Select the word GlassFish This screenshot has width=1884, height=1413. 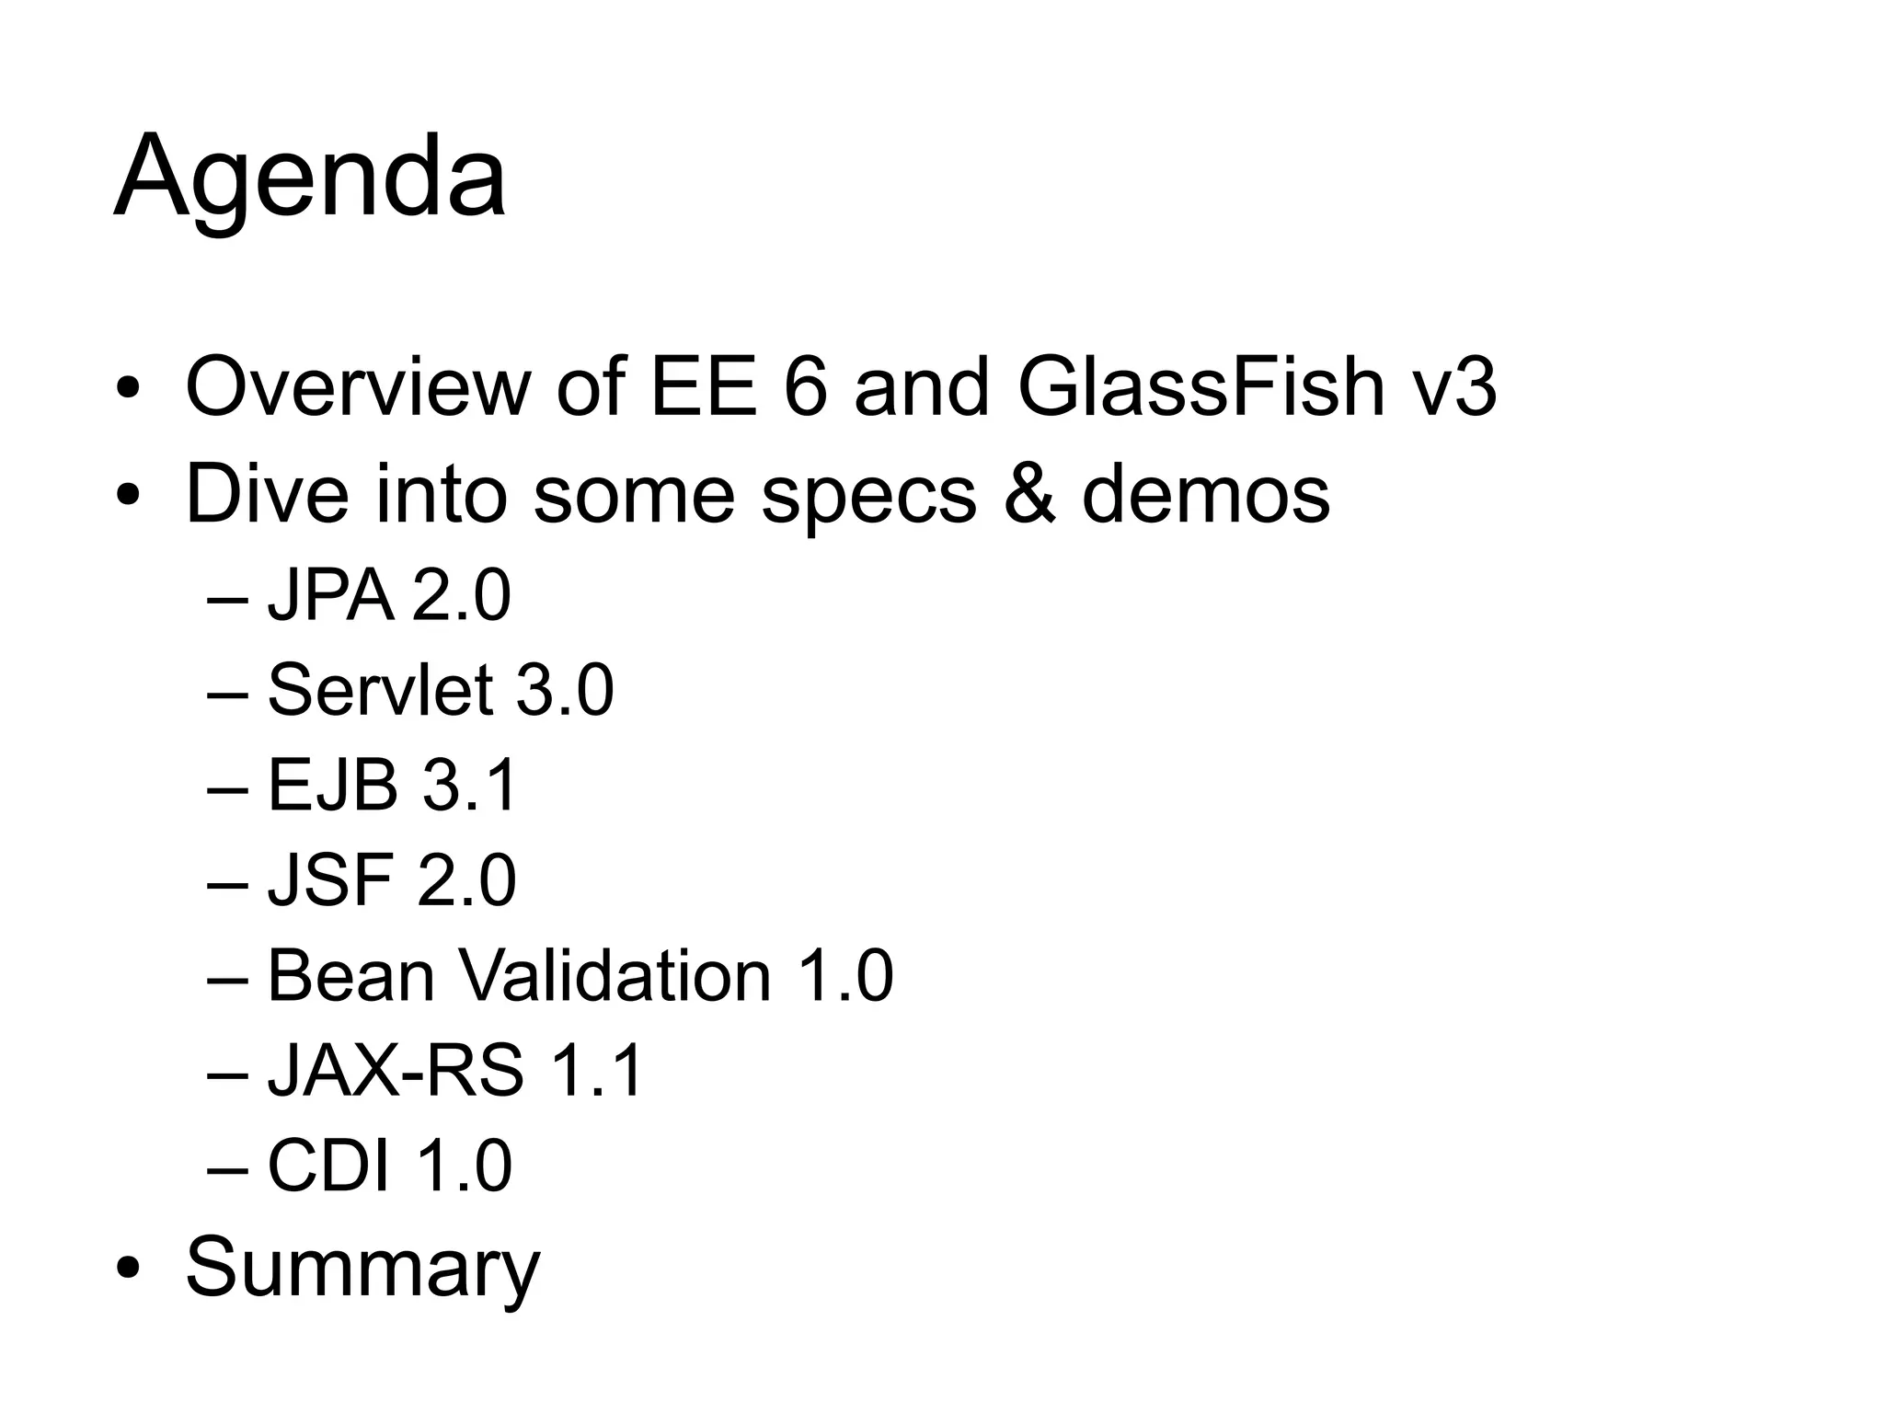(1201, 386)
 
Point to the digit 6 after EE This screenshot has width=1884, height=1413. (805, 386)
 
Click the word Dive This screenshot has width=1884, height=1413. (267, 493)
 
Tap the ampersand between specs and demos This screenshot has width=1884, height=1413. (1029, 493)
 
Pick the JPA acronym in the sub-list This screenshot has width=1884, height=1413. (330, 596)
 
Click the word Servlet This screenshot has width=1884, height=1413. (380, 690)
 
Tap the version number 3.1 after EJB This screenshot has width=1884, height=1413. (469, 786)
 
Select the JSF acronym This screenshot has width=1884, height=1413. (330, 880)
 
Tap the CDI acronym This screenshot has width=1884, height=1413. (328, 1166)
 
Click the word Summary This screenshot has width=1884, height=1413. (362, 1269)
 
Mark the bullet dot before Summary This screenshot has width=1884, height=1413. (128, 1269)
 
